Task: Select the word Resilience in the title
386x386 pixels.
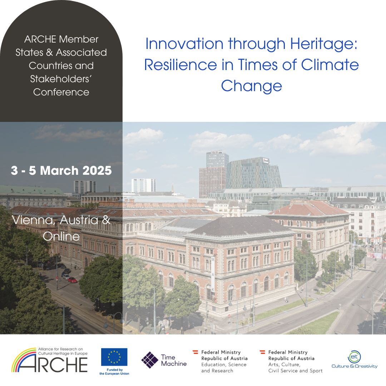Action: coord(180,65)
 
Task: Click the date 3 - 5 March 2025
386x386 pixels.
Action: coord(61,170)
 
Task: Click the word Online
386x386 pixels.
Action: coord(61,236)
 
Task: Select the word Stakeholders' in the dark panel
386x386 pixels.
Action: coord(61,79)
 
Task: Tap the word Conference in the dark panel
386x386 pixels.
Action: coord(61,92)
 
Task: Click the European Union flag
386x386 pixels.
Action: coord(114,357)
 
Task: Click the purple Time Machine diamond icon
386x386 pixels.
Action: coord(150,360)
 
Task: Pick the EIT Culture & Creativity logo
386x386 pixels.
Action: coord(354,360)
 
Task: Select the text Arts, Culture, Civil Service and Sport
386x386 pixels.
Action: coord(296,367)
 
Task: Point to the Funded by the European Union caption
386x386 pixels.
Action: coord(114,372)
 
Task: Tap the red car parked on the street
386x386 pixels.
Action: coord(73,280)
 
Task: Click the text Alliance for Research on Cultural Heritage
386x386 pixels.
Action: coord(63,351)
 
